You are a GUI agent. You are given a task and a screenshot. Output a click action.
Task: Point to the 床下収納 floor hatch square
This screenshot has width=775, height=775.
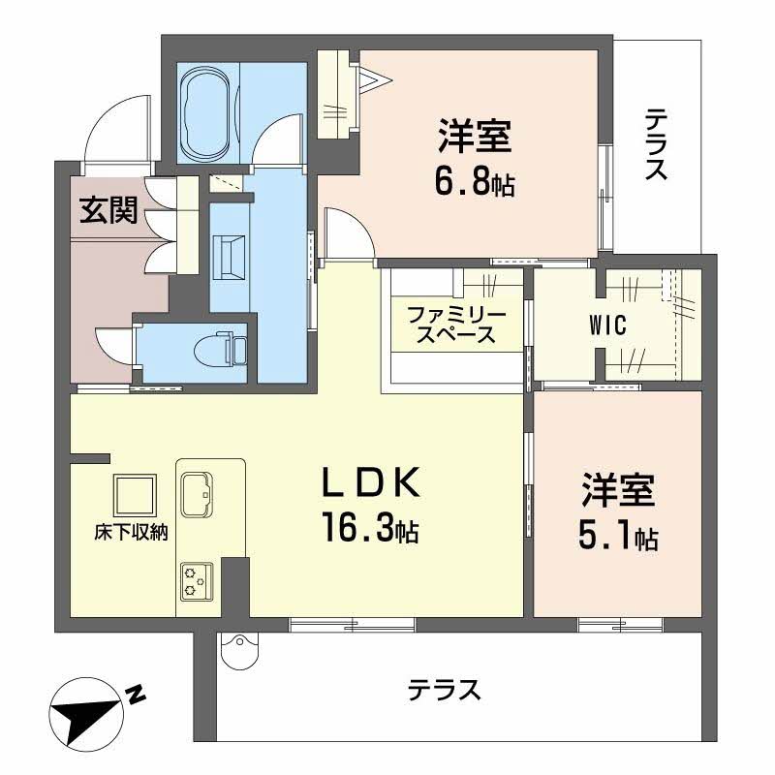(x=135, y=496)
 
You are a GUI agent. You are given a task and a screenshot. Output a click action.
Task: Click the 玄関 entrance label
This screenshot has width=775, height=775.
(x=107, y=209)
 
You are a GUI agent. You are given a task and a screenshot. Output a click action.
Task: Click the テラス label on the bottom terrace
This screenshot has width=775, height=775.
(x=444, y=691)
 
